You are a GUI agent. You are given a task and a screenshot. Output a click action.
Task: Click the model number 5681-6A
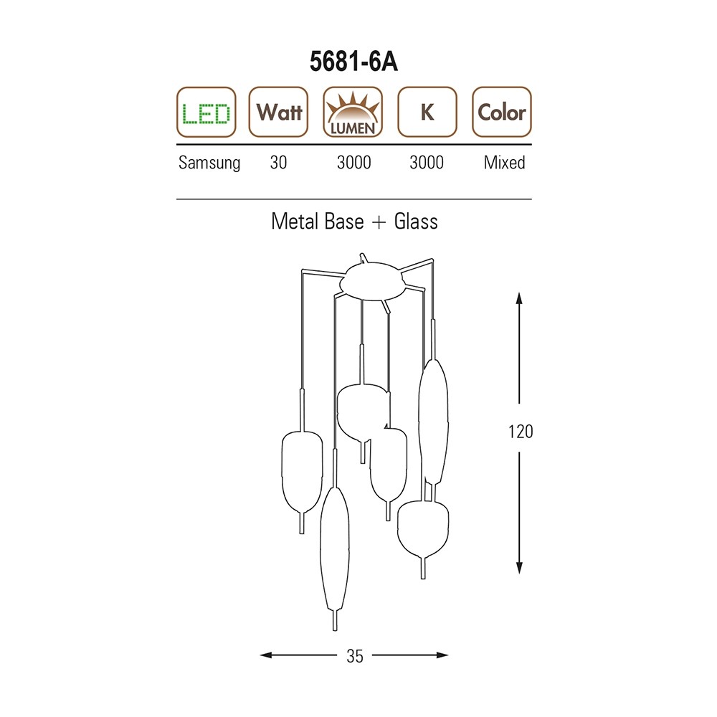353,61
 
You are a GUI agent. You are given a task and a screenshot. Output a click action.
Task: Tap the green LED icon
206,112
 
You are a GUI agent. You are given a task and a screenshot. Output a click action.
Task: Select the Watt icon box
278,112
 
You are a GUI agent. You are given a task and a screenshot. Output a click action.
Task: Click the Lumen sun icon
353,112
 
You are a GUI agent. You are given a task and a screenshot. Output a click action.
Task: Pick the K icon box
427,112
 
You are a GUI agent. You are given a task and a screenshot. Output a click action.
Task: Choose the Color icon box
502,112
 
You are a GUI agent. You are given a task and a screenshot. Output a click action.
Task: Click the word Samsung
209,163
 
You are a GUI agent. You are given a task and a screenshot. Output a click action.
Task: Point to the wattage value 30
278,162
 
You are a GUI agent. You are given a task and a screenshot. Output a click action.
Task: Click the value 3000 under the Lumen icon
354,162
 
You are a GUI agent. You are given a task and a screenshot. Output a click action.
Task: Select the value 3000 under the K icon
427,162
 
